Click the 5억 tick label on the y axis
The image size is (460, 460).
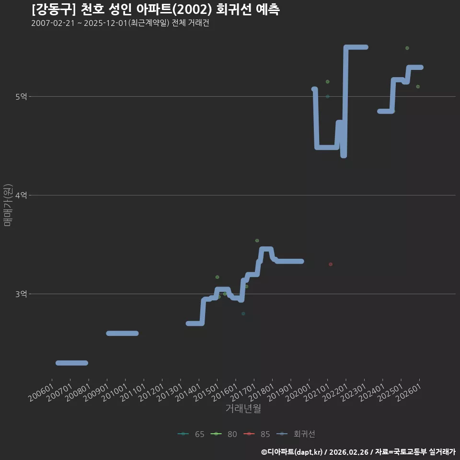coord(21,96)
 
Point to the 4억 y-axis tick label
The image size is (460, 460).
coord(21,195)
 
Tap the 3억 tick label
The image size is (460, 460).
coord(21,294)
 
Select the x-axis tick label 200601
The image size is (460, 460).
coord(41,392)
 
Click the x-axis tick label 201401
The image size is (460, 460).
coord(188,392)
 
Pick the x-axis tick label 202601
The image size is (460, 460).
coord(408,392)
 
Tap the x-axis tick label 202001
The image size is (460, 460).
coord(298,392)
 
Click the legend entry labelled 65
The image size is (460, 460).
coord(191,434)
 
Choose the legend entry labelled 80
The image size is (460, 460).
coord(224,434)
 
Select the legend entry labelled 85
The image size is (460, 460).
coord(257,434)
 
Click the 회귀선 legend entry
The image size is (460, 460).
coord(296,434)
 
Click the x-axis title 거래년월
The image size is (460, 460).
coord(243,408)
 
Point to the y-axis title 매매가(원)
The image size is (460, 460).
coord(8,205)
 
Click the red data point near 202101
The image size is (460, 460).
coord(331,264)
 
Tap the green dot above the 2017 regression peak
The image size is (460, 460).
coord(257,241)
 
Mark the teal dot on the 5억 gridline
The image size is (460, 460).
coord(328,96)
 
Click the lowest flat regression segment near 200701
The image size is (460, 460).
coord(72,363)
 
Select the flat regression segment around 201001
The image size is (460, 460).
coord(122,333)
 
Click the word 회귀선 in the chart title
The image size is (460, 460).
coord(233,10)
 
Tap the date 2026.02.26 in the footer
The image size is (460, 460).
coord(349,452)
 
